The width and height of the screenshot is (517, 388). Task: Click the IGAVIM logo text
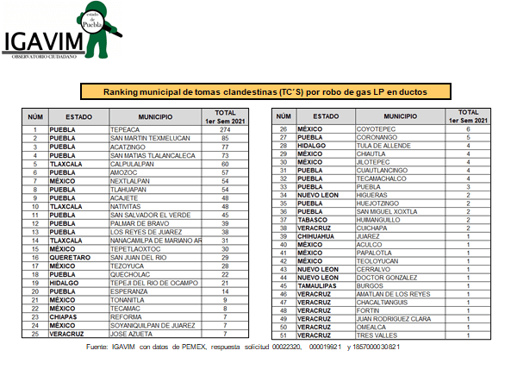(x=41, y=42)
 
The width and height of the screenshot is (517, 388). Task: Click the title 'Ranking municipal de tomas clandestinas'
(x=265, y=91)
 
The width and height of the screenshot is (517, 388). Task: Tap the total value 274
(x=225, y=129)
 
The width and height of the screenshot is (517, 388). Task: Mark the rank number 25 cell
(x=35, y=333)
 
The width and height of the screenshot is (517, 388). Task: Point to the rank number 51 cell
(x=283, y=335)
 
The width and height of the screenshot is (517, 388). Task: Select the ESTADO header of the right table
(x=326, y=116)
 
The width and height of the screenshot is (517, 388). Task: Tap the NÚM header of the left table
(x=35, y=116)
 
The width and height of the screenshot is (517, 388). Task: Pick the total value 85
(x=225, y=138)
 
